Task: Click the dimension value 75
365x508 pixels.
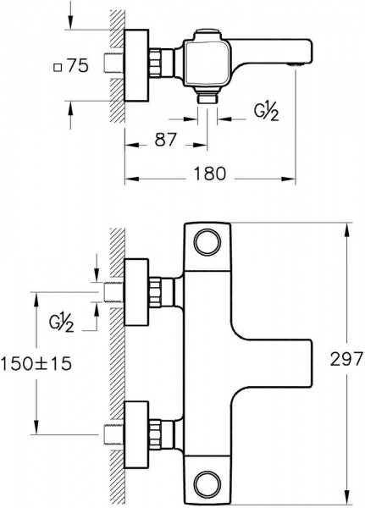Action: pos(78,66)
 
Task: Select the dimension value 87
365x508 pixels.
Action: pos(165,140)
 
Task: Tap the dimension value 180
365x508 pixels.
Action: pos(209,174)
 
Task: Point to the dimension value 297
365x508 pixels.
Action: pos(346,359)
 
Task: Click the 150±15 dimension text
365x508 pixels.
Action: pos(36,364)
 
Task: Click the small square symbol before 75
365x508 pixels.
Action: pos(58,68)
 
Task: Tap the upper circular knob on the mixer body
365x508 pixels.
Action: pos(207,242)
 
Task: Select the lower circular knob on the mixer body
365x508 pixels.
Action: pos(207,484)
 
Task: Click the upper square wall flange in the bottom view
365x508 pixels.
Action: pos(136,292)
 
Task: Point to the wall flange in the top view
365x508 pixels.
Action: pos(136,65)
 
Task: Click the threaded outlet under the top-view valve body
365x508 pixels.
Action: pos(207,97)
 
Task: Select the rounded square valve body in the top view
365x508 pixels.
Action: pos(207,63)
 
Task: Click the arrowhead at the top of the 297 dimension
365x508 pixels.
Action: pos(348,230)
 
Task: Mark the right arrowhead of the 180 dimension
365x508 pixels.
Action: pos(288,179)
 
